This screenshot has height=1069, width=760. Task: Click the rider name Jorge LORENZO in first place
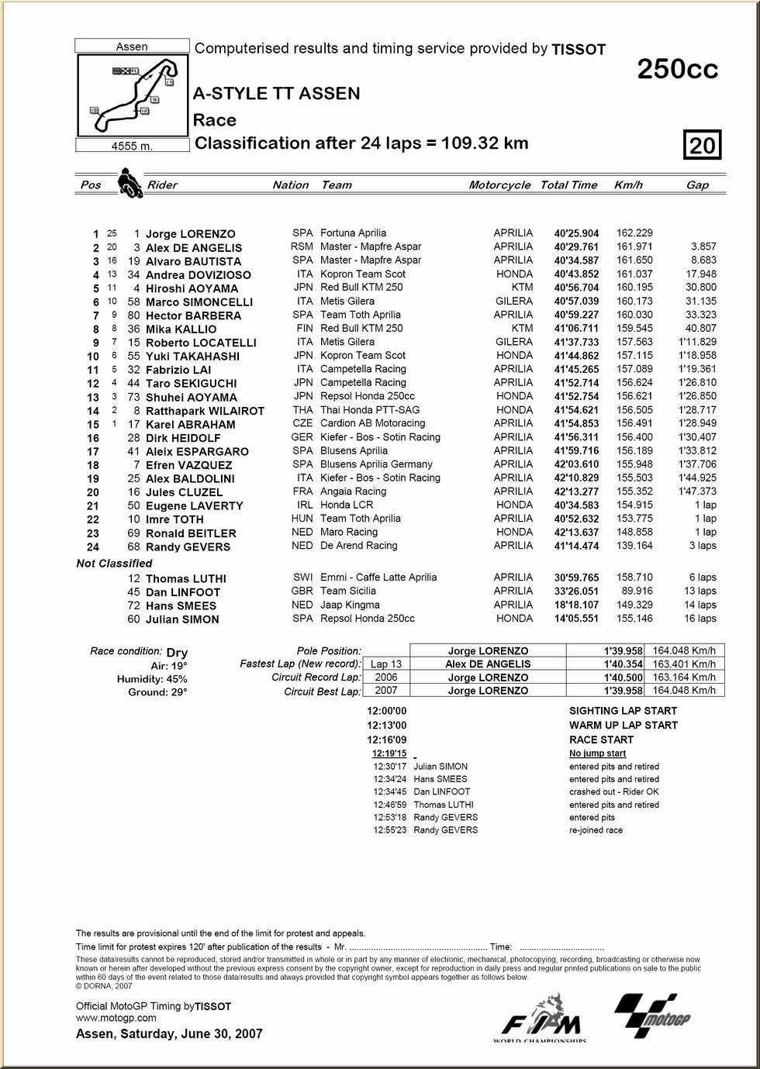tap(191, 234)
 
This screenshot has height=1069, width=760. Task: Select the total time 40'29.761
tap(576, 247)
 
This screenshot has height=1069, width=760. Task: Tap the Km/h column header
tap(628, 185)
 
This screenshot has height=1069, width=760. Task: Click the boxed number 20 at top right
tap(703, 145)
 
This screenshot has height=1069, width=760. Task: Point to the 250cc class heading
tap(677, 70)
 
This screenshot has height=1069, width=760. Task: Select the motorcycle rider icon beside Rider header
tap(129, 184)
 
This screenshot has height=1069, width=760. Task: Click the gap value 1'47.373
tap(697, 491)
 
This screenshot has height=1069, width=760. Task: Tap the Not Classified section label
tap(114, 564)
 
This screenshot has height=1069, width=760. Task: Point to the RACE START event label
tap(601, 740)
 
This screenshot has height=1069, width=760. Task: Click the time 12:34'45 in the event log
tap(389, 792)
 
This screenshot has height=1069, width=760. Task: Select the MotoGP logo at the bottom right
tap(651, 1015)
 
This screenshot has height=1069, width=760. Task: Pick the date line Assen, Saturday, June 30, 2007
tap(169, 1034)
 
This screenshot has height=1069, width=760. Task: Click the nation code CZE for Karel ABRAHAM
tap(302, 424)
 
